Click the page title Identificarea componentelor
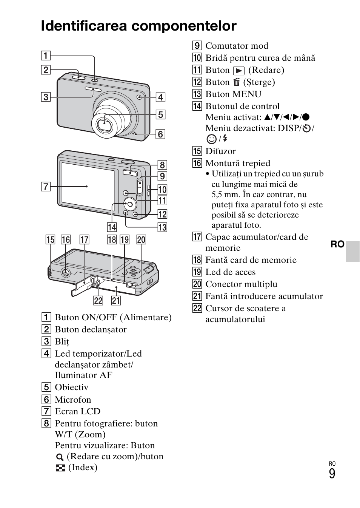coord(138,26)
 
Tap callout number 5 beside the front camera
coord(160,114)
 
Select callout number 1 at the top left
coord(46,56)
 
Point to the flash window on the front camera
coord(92,90)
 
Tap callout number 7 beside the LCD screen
coord(46,186)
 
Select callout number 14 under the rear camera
coord(112,227)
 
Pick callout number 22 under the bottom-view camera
coord(98,300)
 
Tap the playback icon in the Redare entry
coord(238,71)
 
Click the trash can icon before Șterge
coord(237,82)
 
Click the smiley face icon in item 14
coord(211,139)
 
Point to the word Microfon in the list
coord(73,400)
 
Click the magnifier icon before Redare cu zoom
coord(60,457)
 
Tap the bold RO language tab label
coord(337,244)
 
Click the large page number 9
coord(332,474)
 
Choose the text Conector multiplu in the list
coord(241,284)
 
